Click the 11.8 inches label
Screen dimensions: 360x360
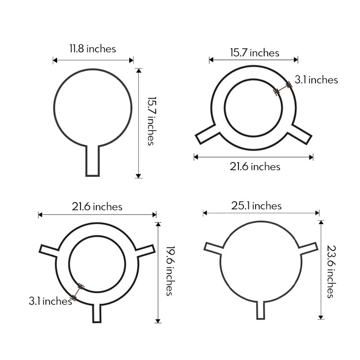pos(92,48)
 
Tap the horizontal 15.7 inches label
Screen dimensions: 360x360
pos(254,53)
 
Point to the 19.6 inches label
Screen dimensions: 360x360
pos(169,270)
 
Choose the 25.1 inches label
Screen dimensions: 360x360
pos(256,206)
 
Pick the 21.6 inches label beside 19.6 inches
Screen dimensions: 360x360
pos(97,207)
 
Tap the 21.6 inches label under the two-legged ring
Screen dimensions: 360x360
pos(255,166)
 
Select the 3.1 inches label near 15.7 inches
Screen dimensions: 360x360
pos(316,80)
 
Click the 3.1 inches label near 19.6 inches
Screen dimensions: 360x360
pos(50,301)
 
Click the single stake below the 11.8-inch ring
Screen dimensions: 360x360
pos(92,161)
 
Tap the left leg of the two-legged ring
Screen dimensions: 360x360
pos(207,134)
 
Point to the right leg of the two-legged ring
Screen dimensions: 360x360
pos(300,134)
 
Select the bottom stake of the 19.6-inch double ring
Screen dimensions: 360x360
pos(97,312)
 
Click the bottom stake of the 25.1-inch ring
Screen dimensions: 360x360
pos(260,310)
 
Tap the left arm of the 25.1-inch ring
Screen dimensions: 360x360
pos(214,247)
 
